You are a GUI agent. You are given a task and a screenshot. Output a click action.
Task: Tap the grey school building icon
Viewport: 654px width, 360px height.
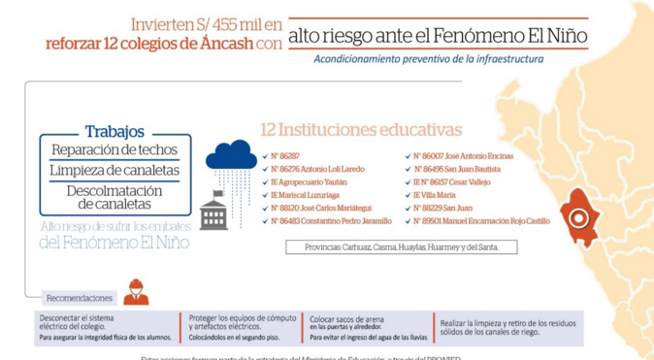tap(213, 213)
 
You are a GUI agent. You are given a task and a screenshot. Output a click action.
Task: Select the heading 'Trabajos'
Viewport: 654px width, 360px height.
tap(114, 131)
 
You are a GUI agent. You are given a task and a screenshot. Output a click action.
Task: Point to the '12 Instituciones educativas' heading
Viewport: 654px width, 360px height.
tap(360, 130)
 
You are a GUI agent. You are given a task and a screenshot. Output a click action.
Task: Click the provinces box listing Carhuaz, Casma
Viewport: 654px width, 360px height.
tap(401, 247)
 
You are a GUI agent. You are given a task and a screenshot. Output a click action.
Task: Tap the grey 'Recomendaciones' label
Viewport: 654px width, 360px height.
tap(79, 298)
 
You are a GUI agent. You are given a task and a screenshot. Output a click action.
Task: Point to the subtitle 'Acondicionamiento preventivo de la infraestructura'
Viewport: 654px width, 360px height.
tap(428, 58)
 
